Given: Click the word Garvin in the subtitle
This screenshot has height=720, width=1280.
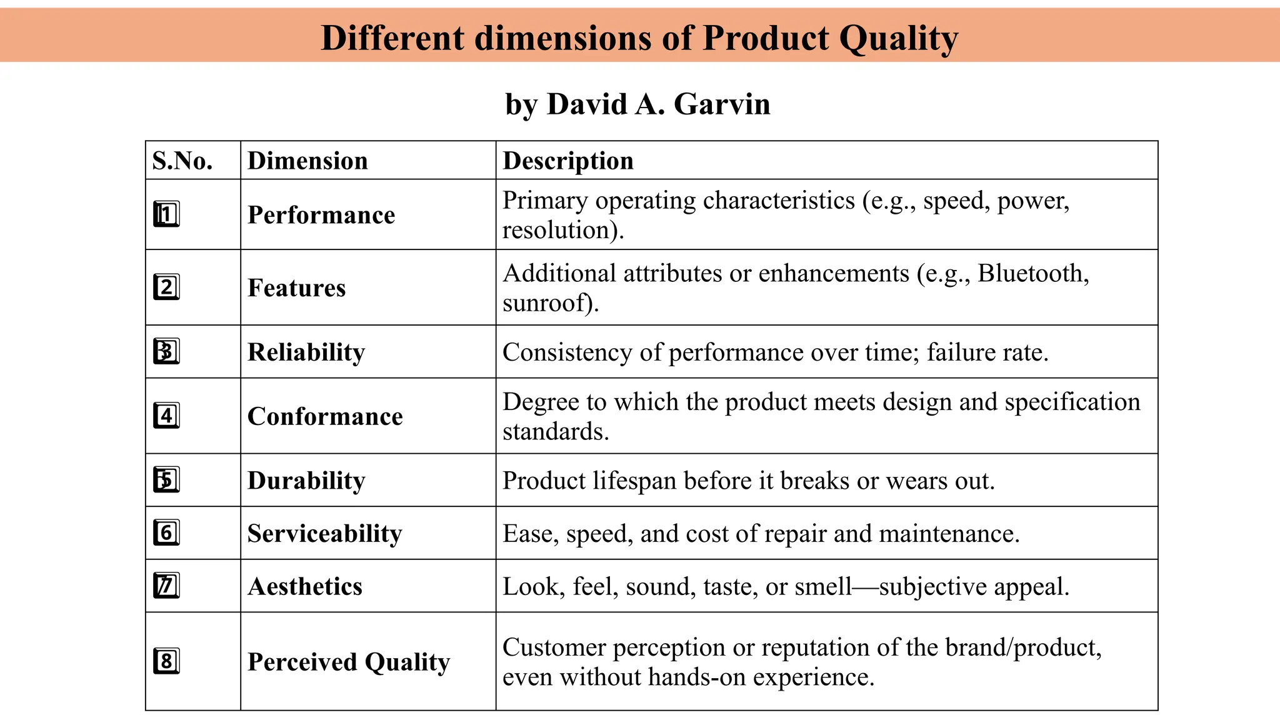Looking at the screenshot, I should point(722,104).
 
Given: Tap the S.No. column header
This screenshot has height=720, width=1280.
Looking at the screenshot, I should point(182,161).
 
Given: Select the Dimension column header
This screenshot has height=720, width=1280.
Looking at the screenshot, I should point(307,161).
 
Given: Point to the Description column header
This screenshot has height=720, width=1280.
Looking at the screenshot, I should point(568,161).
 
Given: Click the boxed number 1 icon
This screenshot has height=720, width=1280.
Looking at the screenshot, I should point(166,214).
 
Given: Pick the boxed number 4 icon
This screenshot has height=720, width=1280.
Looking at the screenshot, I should point(166,416).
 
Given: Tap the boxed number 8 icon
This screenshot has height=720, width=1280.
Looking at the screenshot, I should point(166,661).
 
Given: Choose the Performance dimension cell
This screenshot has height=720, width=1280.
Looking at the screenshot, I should point(321,215).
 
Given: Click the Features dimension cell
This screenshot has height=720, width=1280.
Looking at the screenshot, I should point(296,288).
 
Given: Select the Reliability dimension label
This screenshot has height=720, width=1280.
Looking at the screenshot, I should point(306,352).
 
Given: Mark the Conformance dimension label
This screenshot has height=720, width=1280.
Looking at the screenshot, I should point(325,416).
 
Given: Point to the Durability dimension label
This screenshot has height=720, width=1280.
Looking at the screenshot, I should point(306,481).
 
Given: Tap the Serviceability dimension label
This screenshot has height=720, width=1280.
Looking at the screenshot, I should point(324,534).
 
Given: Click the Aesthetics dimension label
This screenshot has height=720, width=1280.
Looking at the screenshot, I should point(305,587).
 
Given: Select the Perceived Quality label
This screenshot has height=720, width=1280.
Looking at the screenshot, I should point(349,662).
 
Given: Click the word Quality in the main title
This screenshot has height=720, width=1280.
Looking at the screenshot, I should point(898,38).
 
